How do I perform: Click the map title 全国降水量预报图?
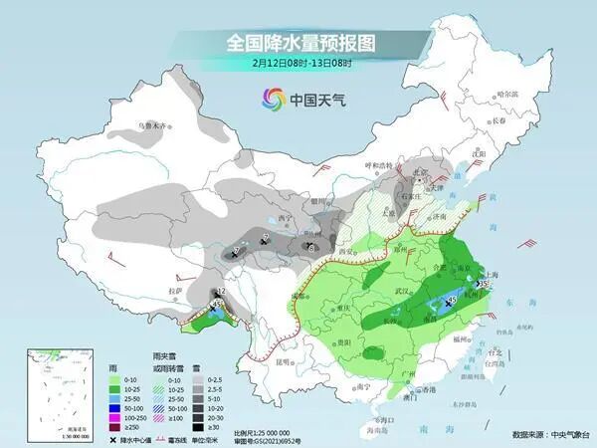point(298,44)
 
